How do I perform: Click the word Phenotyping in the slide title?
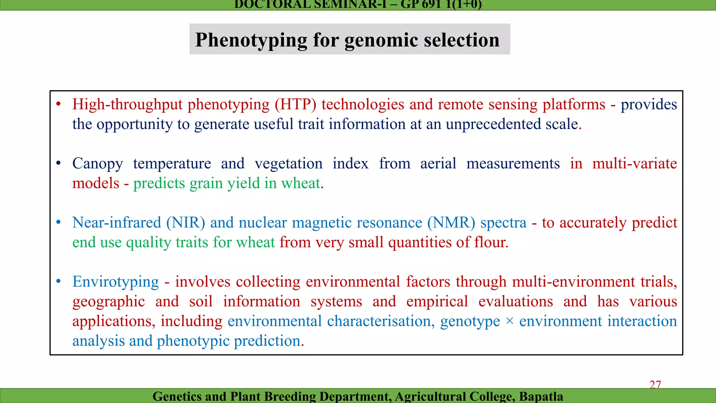(x=251, y=40)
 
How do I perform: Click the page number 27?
(x=655, y=384)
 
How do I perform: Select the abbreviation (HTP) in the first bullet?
(x=295, y=104)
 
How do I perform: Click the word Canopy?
(x=98, y=164)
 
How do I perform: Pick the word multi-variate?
(x=635, y=163)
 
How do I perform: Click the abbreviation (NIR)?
(x=185, y=222)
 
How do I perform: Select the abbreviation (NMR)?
(x=451, y=222)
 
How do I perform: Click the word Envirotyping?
(x=115, y=282)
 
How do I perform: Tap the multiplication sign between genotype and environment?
(x=509, y=321)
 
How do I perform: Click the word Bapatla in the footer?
(x=541, y=396)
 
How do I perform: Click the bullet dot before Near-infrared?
(x=58, y=222)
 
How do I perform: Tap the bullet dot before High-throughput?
(x=58, y=104)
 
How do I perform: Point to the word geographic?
(x=108, y=302)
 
